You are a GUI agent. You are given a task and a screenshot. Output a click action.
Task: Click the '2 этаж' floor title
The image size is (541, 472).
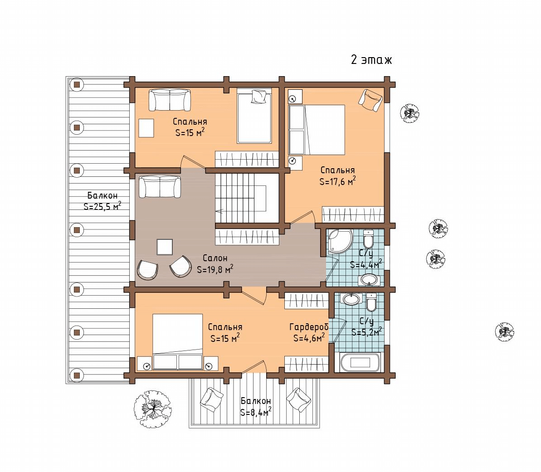pos(371,60)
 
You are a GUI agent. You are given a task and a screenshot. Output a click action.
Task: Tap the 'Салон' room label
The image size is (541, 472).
pos(215,258)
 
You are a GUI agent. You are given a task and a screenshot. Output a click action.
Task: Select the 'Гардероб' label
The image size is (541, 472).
pos(309,327)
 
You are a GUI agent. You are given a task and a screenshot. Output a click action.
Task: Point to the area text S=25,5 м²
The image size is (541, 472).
pos(102,206)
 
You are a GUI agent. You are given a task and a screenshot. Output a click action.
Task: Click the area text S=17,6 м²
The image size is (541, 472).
pos(337,181)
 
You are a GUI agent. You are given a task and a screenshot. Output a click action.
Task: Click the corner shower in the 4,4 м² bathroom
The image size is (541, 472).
pos(340,241)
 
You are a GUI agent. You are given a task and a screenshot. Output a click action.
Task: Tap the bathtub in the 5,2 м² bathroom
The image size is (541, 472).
pos(360,362)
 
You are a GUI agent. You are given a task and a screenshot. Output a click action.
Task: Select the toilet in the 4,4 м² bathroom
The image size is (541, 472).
pos(368,239)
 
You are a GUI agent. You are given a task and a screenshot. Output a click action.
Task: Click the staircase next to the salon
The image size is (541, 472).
pos(247,198)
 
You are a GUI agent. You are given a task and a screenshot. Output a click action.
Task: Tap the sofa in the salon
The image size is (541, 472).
pos(160,187)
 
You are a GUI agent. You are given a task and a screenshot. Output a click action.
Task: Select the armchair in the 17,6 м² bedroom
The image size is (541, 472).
pos(370,100)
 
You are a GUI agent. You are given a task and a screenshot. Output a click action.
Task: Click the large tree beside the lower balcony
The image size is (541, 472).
pos(152,409)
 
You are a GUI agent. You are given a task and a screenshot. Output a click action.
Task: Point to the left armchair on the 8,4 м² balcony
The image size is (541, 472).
pos(212,399)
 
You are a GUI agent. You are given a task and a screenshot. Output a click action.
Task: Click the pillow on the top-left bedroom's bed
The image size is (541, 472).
pos(259,96)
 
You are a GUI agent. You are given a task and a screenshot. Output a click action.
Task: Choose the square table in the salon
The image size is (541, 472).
pos(165,247)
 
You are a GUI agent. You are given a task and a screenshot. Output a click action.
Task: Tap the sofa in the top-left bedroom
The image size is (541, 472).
pos(170,100)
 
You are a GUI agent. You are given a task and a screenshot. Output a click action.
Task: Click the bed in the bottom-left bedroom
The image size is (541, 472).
pos(178,341)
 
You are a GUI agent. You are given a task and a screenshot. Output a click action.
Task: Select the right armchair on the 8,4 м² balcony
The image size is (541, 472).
pos(299,400)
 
